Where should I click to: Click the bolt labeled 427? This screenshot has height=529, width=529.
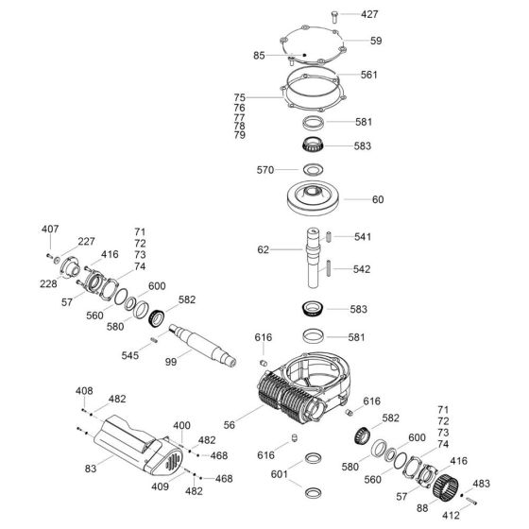pos(334,17)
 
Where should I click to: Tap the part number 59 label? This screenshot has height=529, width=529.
pos(376,41)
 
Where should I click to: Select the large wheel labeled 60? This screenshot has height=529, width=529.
pos(313,198)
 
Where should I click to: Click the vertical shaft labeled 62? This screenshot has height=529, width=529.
pos(314,258)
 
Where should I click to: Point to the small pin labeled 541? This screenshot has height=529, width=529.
pos(329,236)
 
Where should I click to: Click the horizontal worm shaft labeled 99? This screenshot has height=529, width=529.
pos(202,345)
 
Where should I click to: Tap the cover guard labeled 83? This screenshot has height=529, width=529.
pos(138,445)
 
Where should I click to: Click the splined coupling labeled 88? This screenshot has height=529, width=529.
pos(445,486)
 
